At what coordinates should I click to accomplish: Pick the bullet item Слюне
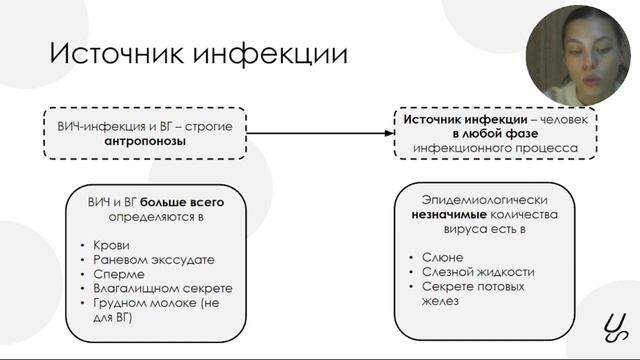442,257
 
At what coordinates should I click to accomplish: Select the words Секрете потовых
473,287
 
